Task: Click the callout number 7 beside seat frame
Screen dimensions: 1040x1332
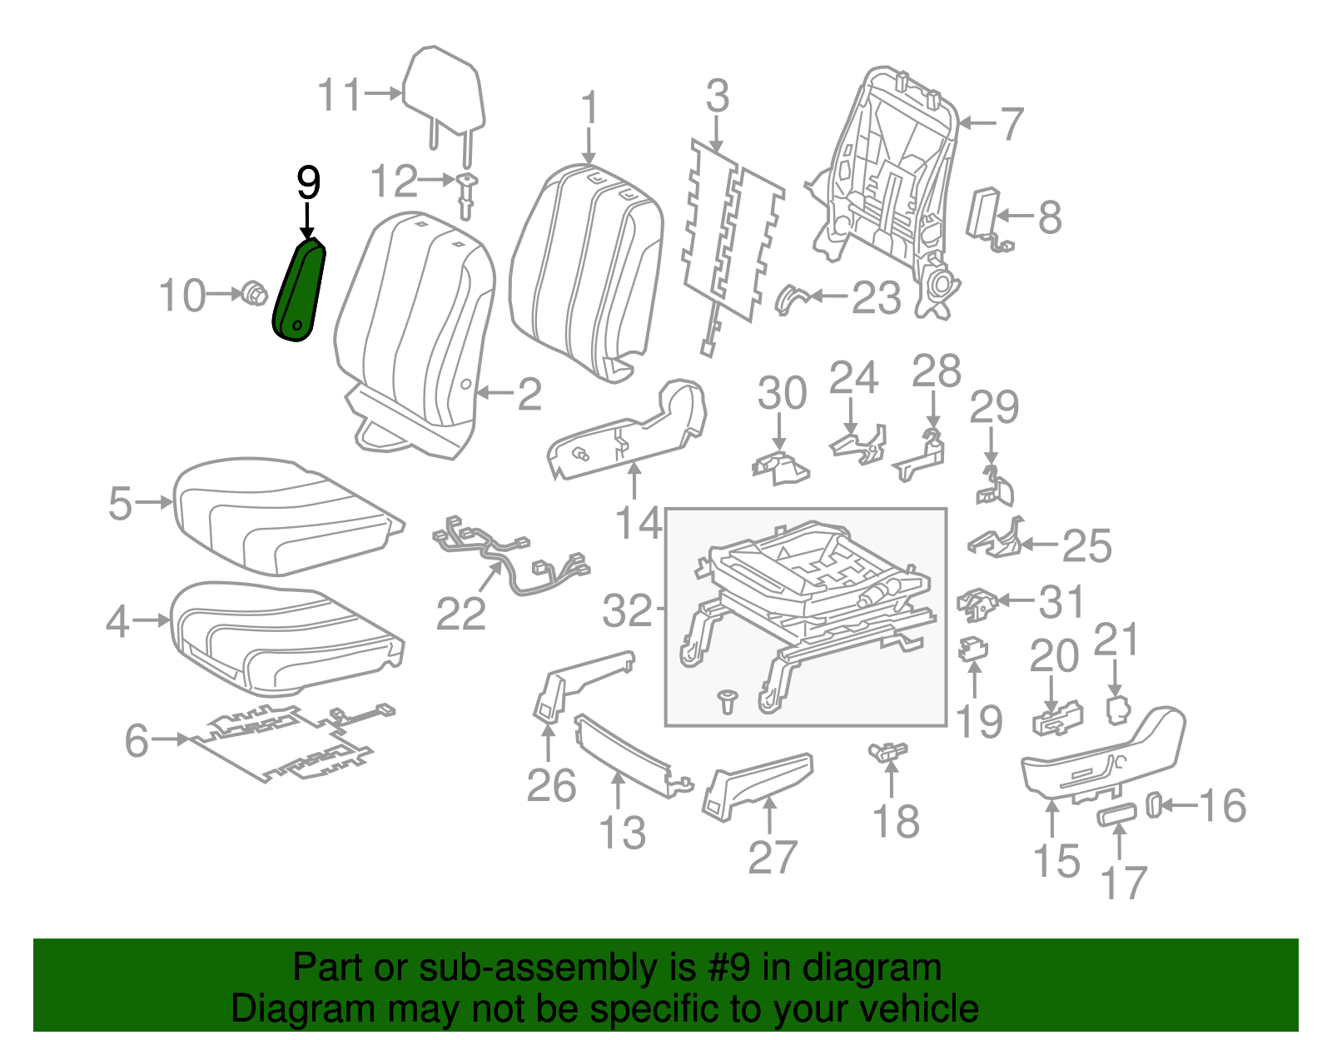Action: [x=1011, y=123]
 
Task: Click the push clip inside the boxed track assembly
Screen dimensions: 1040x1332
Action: [x=728, y=700]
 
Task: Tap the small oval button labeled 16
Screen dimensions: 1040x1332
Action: [x=1155, y=804]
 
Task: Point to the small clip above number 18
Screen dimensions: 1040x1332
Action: [x=887, y=752]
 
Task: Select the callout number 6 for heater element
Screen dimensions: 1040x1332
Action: [x=137, y=739]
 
